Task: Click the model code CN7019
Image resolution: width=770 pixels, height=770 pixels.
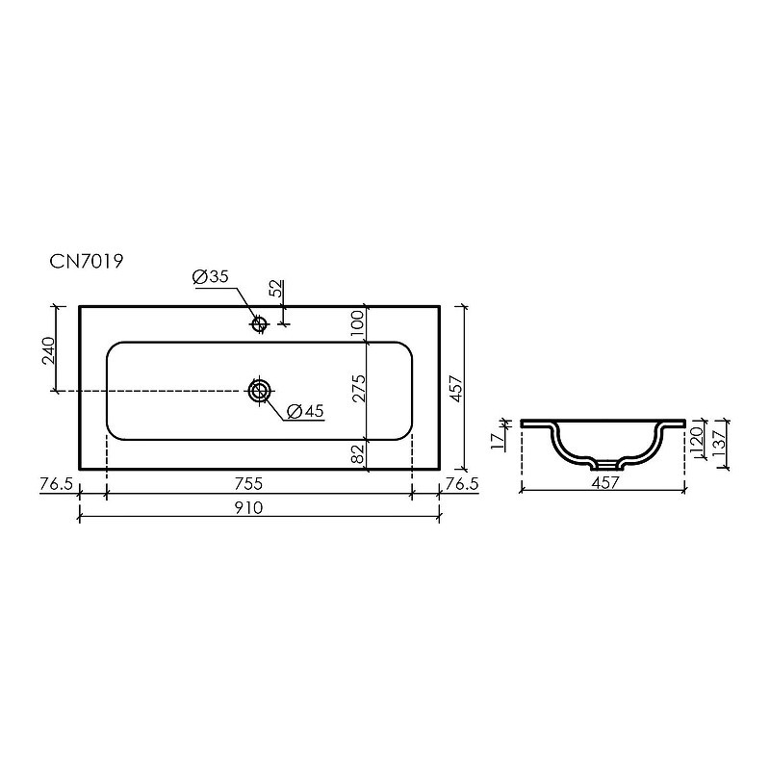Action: pos(86,261)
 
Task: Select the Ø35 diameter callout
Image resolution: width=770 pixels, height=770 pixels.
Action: pos(211,277)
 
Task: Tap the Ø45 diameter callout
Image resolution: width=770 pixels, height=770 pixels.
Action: pos(305,411)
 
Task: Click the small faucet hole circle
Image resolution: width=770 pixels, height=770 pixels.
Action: pos(258,323)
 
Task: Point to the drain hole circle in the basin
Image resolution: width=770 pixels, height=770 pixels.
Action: pos(259,391)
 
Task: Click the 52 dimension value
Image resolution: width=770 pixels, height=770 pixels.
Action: pos(277,288)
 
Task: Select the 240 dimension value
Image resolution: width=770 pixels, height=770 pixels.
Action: pos(48,350)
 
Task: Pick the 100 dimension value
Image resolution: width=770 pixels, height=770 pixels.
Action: pos(357,322)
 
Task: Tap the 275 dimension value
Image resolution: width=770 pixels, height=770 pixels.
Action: pos(359,389)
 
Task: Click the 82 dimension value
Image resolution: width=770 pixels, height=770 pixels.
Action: pos(359,453)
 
